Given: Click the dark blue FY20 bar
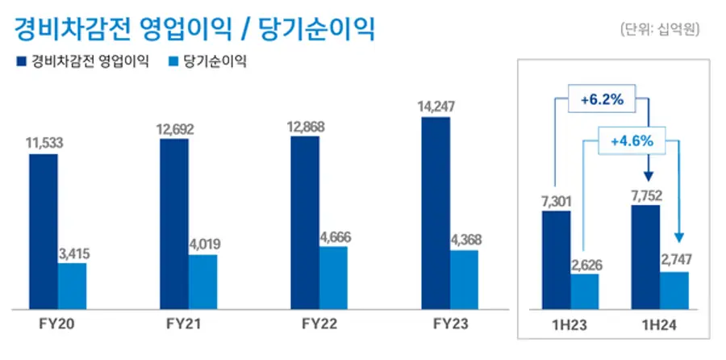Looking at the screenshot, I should pyautogui.click(x=44, y=231).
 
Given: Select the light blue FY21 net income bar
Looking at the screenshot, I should pyautogui.click(x=202, y=282).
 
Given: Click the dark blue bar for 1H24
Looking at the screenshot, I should pyautogui.click(x=645, y=257).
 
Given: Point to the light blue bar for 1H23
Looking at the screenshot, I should pyautogui.click(x=585, y=291).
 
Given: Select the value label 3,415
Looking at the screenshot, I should pyautogui.click(x=73, y=253).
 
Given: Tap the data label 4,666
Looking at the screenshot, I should pyautogui.click(x=333, y=237).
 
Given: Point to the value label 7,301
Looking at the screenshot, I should pyautogui.click(x=556, y=199).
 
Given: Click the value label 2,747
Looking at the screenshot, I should pyautogui.click(x=675, y=262).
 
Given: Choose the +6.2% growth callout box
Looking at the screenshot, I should pyautogui.click(x=601, y=101).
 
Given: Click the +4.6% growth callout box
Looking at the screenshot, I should pyautogui.click(x=631, y=140).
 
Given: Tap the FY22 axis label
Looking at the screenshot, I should pyautogui.click(x=319, y=324).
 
